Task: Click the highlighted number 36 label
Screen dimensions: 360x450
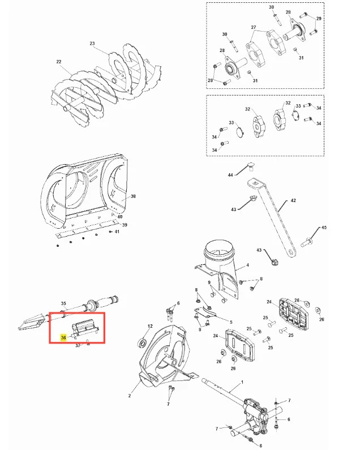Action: (63, 337)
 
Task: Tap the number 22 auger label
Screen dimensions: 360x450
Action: (59, 62)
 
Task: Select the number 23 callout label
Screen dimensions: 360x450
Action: (92, 44)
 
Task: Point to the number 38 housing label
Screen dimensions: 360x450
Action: (133, 196)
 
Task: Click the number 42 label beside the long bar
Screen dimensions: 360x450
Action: (293, 200)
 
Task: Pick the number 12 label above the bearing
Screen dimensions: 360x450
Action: (150, 326)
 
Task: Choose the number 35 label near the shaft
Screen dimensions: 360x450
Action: (63, 303)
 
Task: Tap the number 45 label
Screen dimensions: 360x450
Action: (324, 228)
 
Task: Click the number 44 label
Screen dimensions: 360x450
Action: (230, 175)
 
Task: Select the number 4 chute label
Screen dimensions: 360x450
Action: (248, 265)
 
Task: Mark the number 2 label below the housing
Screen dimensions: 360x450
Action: (130, 396)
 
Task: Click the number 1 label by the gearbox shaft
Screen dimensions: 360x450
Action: (242, 382)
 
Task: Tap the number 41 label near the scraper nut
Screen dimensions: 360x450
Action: (117, 232)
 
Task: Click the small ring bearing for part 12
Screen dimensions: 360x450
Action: (143, 342)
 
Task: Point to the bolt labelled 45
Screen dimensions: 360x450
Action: (307, 242)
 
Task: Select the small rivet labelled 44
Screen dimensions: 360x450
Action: (251, 167)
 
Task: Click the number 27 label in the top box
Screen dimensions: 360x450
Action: (253, 27)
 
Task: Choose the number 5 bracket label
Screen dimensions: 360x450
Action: (231, 322)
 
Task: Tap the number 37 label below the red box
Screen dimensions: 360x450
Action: (78, 345)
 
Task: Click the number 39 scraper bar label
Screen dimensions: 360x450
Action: (125, 225)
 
